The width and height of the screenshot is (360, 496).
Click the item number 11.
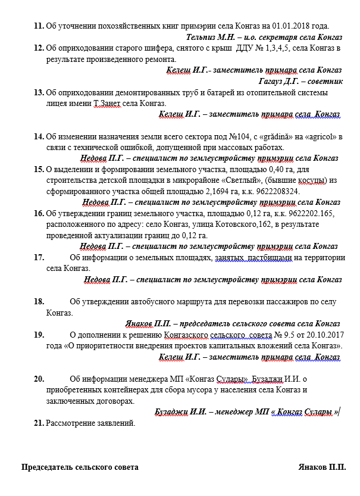(39, 26)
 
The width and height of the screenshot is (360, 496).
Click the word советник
(323, 80)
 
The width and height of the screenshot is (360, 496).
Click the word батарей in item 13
(204, 92)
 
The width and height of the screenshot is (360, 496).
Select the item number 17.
(39, 257)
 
